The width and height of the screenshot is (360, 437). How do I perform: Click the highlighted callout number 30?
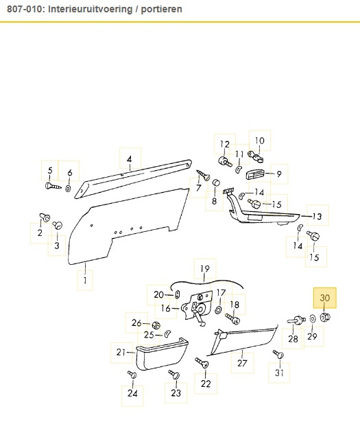pos(324,298)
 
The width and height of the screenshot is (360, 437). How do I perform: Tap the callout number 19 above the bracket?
pos(205,269)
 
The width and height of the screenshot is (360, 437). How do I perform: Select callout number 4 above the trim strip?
pos(129,159)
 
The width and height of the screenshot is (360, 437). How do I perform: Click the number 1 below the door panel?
pos(85,280)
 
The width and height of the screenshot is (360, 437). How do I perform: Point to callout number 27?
pos(242,363)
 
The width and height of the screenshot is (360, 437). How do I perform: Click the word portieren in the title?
pos(161,9)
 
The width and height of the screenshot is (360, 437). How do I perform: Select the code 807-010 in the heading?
pos(24,9)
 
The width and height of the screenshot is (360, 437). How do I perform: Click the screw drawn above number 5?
pos(53,186)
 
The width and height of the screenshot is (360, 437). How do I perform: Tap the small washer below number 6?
pos(68,189)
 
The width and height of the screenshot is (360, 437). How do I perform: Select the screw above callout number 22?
pos(202,363)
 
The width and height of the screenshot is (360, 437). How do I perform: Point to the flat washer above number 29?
pos(313,318)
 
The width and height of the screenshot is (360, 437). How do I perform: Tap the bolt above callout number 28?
pos(296,320)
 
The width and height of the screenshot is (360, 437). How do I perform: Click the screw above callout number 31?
pos(278,354)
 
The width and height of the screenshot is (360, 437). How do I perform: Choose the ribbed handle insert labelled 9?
pos(255,175)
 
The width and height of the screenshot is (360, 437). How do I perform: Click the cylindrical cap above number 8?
pos(216,182)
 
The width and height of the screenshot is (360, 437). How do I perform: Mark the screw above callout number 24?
pos(132,375)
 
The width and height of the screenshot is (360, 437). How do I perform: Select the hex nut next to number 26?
pos(156,325)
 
